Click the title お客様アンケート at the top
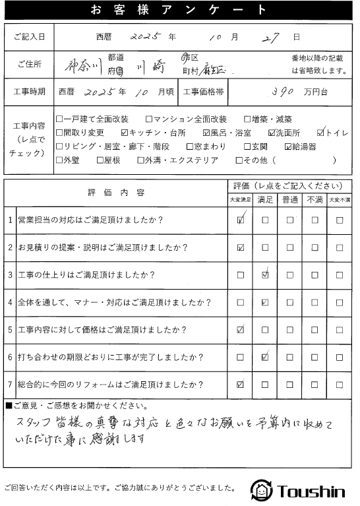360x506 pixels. click(x=179, y=10)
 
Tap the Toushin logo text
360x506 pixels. click(x=312, y=490)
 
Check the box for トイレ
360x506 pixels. click(x=321, y=132)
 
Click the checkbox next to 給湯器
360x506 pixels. click(x=288, y=146)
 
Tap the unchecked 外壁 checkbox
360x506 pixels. click(x=60, y=160)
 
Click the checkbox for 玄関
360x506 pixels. click(x=247, y=146)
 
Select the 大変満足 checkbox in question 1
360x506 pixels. click(x=240, y=221)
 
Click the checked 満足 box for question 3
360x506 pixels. click(x=264, y=275)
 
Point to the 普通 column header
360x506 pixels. click(x=289, y=199)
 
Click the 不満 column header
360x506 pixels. click(x=315, y=199)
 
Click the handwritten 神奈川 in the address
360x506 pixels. click(x=84, y=65)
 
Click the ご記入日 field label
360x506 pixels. click(x=29, y=38)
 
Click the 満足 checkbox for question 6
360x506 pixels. click(x=264, y=357)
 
